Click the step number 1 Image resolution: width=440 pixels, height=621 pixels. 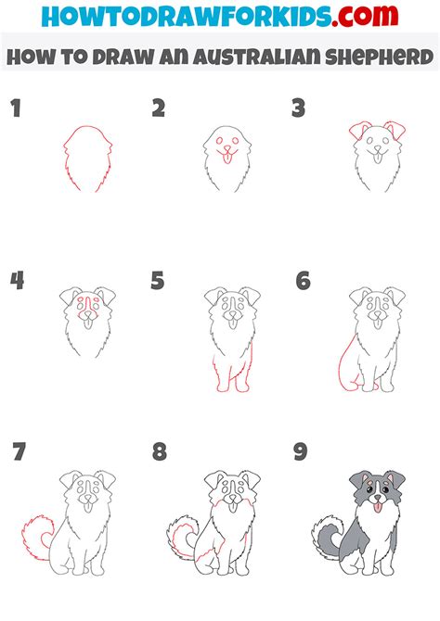pyautogui.click(x=15, y=109)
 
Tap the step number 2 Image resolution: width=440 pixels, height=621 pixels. pyautogui.click(x=159, y=109)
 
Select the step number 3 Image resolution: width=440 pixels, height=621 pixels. pyautogui.click(x=299, y=109)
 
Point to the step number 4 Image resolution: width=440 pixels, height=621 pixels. pyautogui.click(x=17, y=280)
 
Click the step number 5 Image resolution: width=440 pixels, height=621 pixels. pyautogui.click(x=158, y=280)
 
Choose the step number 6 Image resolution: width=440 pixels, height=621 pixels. pyautogui.click(x=302, y=280)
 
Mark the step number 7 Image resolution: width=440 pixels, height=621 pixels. pyautogui.click(x=18, y=452)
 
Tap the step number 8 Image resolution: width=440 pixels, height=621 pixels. pyautogui.click(x=159, y=452)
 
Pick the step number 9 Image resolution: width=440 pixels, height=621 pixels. pyautogui.click(x=302, y=452)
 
